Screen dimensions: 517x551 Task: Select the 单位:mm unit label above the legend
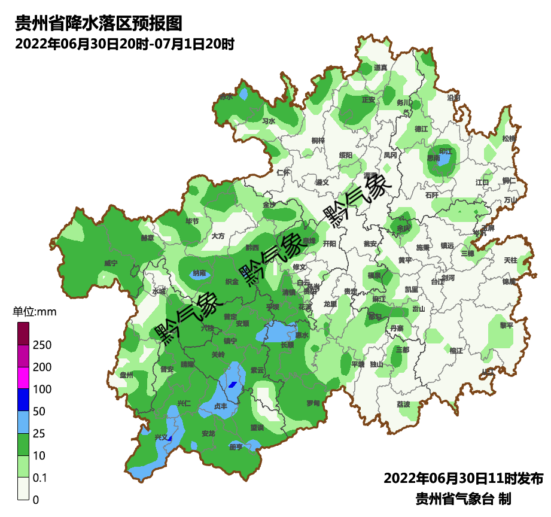coord(34,312)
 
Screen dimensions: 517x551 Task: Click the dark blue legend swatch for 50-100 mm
coord(23,400)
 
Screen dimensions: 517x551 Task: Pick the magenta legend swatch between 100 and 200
coord(23,378)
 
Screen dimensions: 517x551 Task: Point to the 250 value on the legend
coord(42,345)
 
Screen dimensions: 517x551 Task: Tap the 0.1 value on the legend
coord(41,478)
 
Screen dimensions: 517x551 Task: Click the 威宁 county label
coord(111,263)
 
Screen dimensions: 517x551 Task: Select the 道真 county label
coord(380,68)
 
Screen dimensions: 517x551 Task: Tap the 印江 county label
coord(446,151)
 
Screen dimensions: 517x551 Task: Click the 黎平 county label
coord(506,325)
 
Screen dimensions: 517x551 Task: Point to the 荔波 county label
coord(404,405)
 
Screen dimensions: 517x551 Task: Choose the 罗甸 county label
coord(313,403)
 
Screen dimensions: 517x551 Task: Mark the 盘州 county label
coord(126,375)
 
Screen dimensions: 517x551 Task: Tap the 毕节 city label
coord(192,221)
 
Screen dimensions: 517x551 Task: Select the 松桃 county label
coord(509,138)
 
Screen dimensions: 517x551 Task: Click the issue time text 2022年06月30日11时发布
coord(463,479)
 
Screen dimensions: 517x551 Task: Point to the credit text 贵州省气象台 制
coord(463,498)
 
